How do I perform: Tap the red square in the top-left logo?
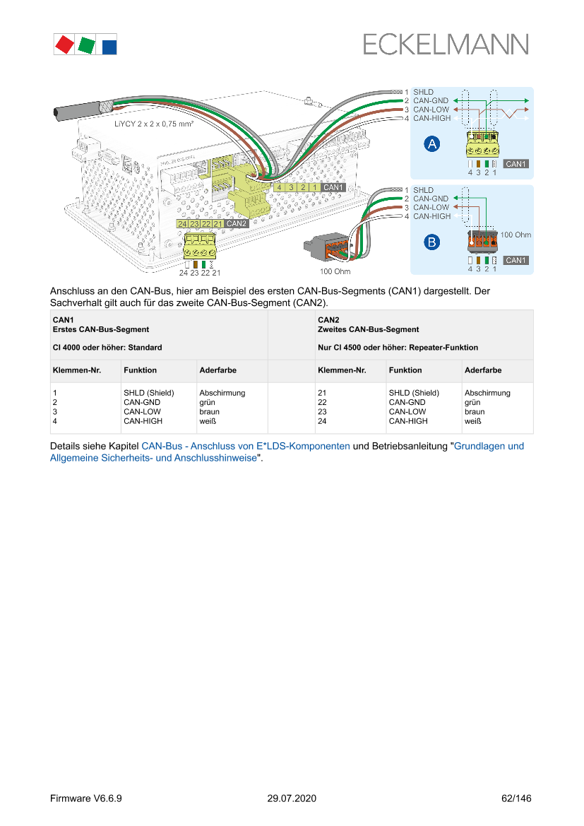(65, 44)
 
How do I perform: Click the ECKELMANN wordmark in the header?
(446, 45)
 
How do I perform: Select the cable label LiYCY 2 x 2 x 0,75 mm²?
(154, 123)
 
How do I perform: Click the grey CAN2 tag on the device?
(237, 223)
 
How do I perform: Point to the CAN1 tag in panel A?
(516, 164)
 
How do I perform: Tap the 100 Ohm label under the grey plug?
(335, 271)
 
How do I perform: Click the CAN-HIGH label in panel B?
(431, 216)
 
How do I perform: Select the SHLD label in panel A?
(423, 92)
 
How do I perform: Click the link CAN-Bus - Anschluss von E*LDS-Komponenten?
(246, 447)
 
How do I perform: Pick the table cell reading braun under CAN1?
(210, 411)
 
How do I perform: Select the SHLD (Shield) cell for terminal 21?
(414, 393)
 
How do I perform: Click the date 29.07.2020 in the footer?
(292, 798)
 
